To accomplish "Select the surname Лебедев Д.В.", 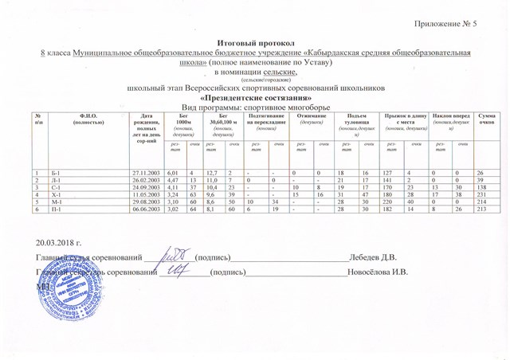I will pyautogui.click(x=375, y=256).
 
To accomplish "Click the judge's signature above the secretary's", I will pyautogui.click(x=169, y=256).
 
